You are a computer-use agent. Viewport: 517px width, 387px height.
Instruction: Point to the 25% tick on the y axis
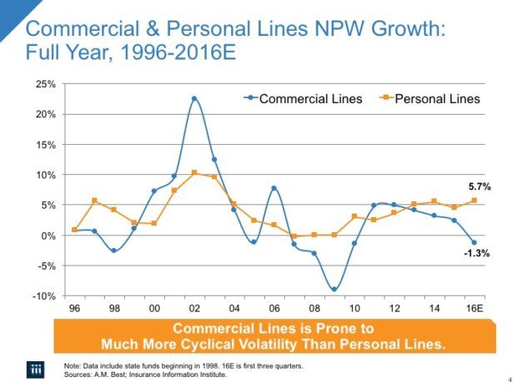click(x=44, y=84)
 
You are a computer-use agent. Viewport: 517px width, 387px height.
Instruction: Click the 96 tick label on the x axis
click(x=75, y=308)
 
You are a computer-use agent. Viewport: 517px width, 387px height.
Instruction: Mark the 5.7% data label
click(x=477, y=187)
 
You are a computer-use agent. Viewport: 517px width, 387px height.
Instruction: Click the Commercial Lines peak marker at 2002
click(x=194, y=98)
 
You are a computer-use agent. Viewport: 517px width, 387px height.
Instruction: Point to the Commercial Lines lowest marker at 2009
click(x=334, y=289)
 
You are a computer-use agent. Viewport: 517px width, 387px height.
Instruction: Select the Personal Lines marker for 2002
click(x=194, y=173)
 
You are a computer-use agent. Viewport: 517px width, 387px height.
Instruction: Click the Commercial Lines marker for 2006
click(x=274, y=188)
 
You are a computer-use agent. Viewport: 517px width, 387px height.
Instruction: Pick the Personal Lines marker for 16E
click(x=474, y=201)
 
